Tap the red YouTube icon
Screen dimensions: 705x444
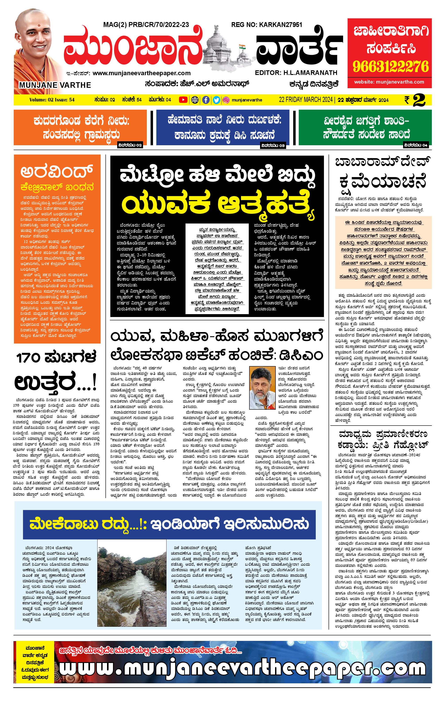183,100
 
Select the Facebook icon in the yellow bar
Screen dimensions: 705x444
206,100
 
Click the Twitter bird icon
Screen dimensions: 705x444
216,100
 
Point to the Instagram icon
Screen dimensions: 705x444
226,100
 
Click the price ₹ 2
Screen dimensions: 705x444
415,100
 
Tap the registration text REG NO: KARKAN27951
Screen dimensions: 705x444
266,25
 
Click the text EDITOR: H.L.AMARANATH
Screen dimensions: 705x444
296,73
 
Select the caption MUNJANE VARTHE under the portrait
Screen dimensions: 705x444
55,85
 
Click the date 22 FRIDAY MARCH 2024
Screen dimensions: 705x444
305,100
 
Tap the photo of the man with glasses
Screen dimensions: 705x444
260,387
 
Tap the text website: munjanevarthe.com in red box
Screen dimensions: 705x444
389,82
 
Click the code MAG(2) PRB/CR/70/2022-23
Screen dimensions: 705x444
146,25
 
